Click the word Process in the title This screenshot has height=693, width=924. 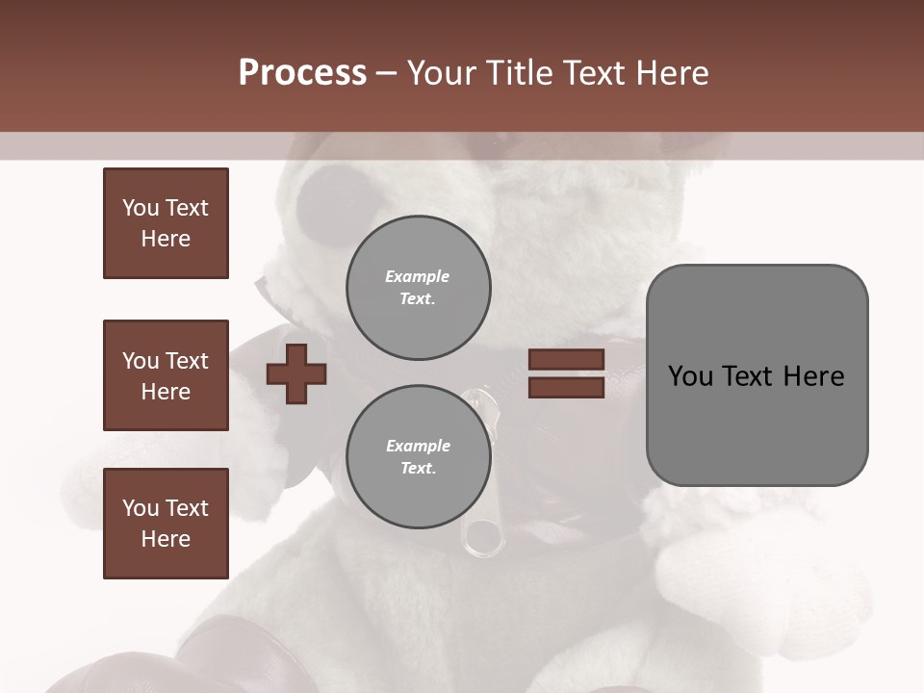[302, 73]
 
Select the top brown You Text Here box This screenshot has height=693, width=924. [166, 223]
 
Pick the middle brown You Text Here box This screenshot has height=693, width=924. [166, 375]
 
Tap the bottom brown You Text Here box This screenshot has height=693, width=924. [166, 524]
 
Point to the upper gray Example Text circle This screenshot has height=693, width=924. [418, 288]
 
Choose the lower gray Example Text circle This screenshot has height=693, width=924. [418, 457]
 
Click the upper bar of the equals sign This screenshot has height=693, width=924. [566, 359]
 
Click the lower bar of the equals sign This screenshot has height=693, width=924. [566, 388]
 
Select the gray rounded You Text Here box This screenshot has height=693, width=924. [757, 375]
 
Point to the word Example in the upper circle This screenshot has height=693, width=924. [418, 276]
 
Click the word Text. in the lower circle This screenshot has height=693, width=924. [418, 469]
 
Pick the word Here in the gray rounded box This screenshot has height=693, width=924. [813, 376]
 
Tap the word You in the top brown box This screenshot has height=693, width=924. [140, 208]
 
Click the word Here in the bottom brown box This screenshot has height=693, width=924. [166, 539]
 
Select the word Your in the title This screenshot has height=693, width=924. [443, 73]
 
